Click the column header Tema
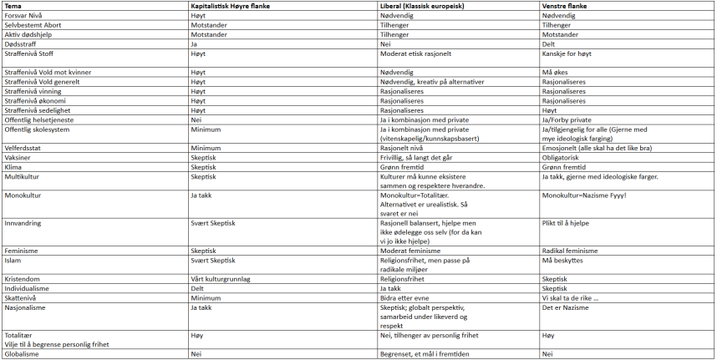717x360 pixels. [x=13, y=6]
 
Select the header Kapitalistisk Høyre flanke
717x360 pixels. [x=229, y=6]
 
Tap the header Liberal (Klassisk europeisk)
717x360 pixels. [x=424, y=6]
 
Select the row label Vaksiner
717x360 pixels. [x=19, y=156]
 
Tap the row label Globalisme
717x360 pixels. [x=23, y=354]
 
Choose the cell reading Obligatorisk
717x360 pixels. [x=562, y=156]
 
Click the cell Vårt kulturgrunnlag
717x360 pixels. [x=221, y=279]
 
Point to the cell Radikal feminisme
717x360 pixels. [x=570, y=251]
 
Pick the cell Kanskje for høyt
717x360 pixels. [x=569, y=53]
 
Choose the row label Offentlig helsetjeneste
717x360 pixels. [x=38, y=119]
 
